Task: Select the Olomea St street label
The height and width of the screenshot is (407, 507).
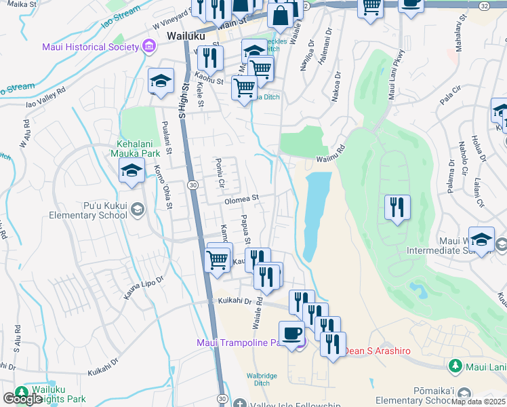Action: [242, 199]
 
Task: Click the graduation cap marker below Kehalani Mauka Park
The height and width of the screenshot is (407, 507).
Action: [131, 172]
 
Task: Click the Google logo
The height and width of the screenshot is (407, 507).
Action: [22, 399]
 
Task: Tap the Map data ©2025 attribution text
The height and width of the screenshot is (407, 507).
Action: [479, 402]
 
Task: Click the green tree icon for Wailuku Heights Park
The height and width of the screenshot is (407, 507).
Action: [22, 392]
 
